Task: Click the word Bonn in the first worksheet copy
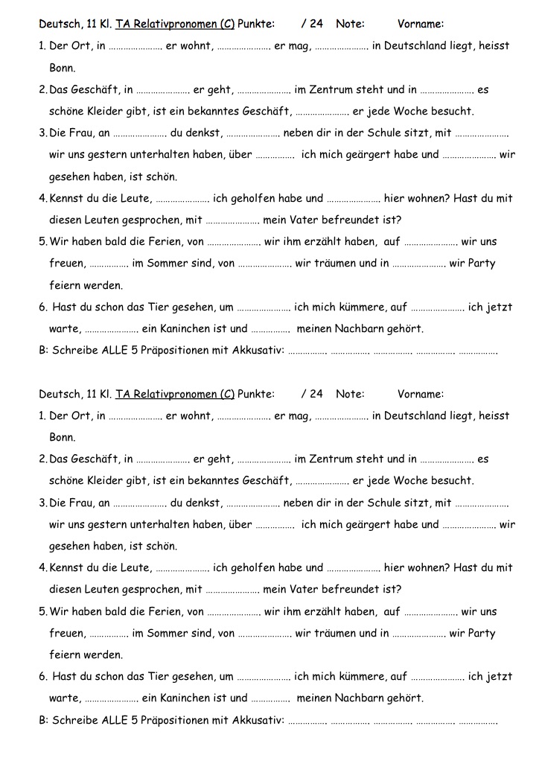(63, 68)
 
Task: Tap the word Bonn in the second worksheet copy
(63, 437)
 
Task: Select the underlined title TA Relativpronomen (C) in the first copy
(175, 24)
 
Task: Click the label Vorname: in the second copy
(421, 394)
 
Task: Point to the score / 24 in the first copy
(313, 24)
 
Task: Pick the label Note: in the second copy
(350, 394)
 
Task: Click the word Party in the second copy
(482, 634)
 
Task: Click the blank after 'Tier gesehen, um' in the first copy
(264, 307)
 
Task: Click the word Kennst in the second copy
(66, 568)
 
